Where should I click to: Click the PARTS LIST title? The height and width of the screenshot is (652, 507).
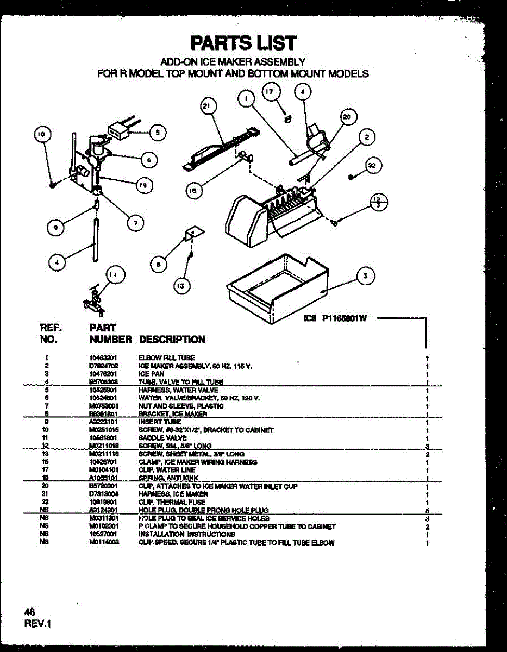(x=243, y=42)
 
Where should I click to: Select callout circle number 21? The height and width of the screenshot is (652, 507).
(x=206, y=107)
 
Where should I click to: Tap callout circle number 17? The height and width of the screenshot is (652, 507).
(x=271, y=92)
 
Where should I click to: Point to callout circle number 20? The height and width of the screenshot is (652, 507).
(x=348, y=116)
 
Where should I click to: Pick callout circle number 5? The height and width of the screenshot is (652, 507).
(x=158, y=131)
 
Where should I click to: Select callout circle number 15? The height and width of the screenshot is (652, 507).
(x=193, y=190)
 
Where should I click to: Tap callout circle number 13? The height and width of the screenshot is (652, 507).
(x=183, y=284)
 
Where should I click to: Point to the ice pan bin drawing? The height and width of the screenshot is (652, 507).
(x=277, y=288)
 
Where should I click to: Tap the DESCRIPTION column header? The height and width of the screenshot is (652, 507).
(x=172, y=340)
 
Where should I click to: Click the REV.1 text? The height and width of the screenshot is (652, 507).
(x=37, y=624)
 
